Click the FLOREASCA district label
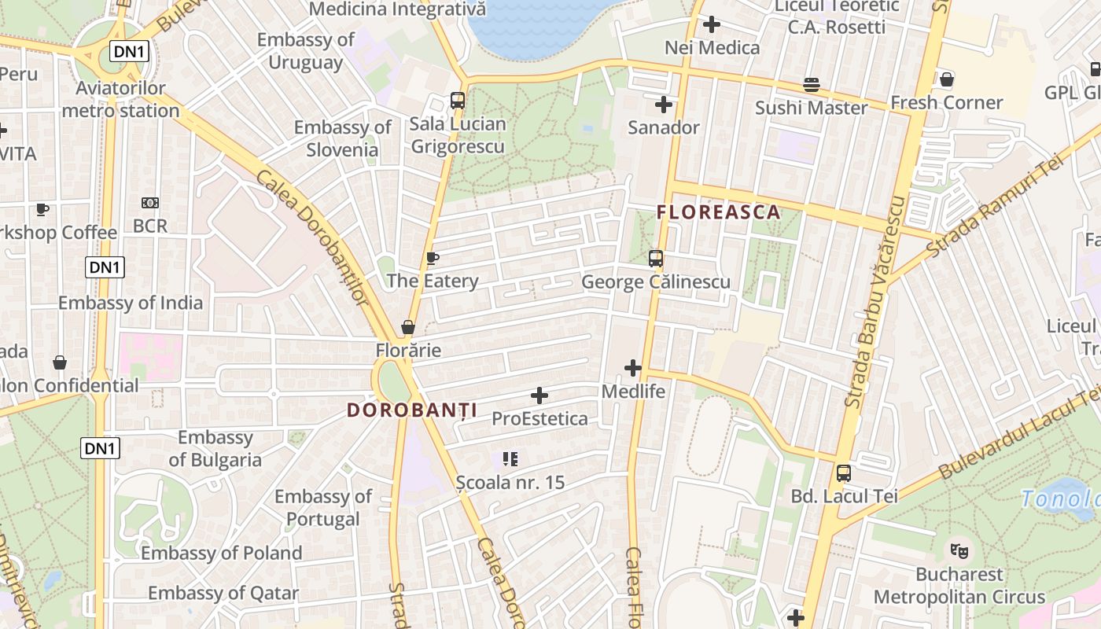click(x=718, y=212)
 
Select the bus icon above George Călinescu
click(x=655, y=258)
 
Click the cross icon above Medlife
click(x=633, y=367)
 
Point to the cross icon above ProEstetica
click(x=539, y=395)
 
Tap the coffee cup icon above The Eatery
click(x=432, y=258)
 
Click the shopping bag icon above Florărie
click(x=408, y=326)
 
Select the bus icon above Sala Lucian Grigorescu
click(x=457, y=100)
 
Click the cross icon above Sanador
click(x=664, y=104)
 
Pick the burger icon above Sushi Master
click(x=811, y=84)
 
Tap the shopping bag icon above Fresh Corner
click(x=947, y=79)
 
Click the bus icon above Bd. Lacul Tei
click(x=844, y=473)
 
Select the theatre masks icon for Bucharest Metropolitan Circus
click(x=959, y=550)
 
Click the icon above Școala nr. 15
click(x=510, y=458)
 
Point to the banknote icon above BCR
click(x=149, y=203)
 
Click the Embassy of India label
click(x=131, y=303)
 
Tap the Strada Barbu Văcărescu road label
click(x=875, y=303)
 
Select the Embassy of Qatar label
click(x=223, y=593)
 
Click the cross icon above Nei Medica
click(x=712, y=24)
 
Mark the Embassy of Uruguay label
click(x=305, y=51)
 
